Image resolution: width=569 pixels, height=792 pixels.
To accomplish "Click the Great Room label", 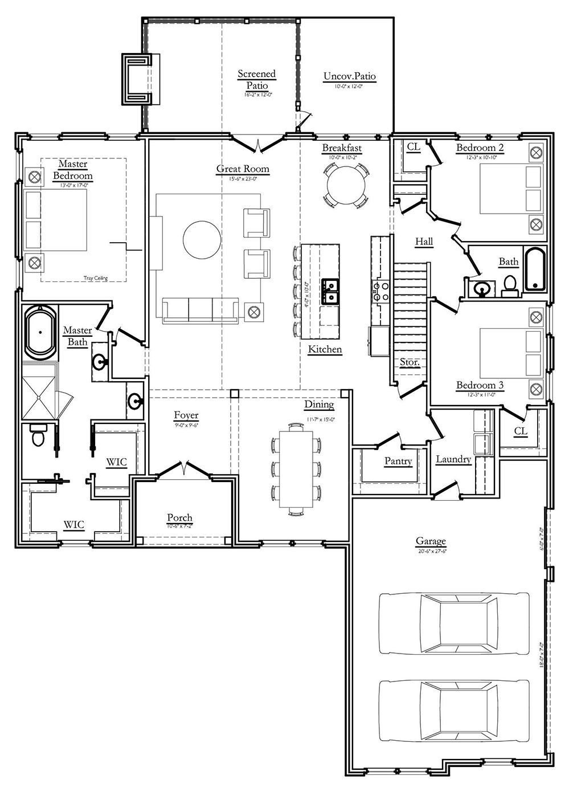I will point(243,169).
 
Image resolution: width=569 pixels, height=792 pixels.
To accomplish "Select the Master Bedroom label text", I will point(73,170).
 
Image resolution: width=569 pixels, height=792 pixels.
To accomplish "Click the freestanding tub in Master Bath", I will point(40,333).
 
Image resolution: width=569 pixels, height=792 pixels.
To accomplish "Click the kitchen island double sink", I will point(330,291).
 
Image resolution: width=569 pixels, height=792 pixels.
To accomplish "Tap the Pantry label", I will point(398,460).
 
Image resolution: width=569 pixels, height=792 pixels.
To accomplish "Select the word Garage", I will point(430,541).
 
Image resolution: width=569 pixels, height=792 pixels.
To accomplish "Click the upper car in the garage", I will point(454,623).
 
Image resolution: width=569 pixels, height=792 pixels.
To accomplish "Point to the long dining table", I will point(296,469).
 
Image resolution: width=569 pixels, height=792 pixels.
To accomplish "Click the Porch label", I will point(179,517).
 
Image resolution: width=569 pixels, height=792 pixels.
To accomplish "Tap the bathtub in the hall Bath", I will point(535,269).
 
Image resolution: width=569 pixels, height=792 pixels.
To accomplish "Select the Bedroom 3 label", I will point(480,385).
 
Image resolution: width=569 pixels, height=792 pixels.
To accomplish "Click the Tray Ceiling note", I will point(96,279).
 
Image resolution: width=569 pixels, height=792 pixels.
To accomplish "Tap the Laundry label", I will point(453,459).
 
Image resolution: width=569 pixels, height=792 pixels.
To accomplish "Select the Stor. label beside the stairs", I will point(410,362).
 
